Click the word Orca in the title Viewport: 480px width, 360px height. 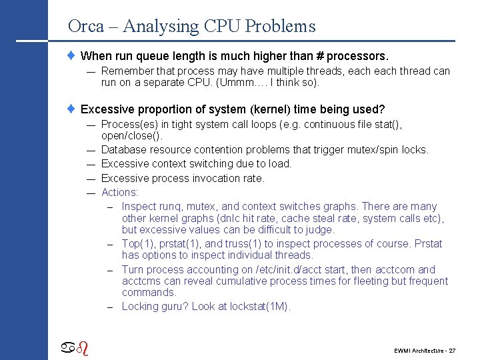[x=86, y=26]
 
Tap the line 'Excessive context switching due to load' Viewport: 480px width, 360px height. [x=197, y=164]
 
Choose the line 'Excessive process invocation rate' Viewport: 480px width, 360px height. [x=183, y=178]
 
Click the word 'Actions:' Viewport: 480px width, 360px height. [x=120, y=193]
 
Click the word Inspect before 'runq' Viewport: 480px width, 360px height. [x=140, y=207]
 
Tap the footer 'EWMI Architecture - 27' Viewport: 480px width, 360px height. [x=424, y=349]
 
